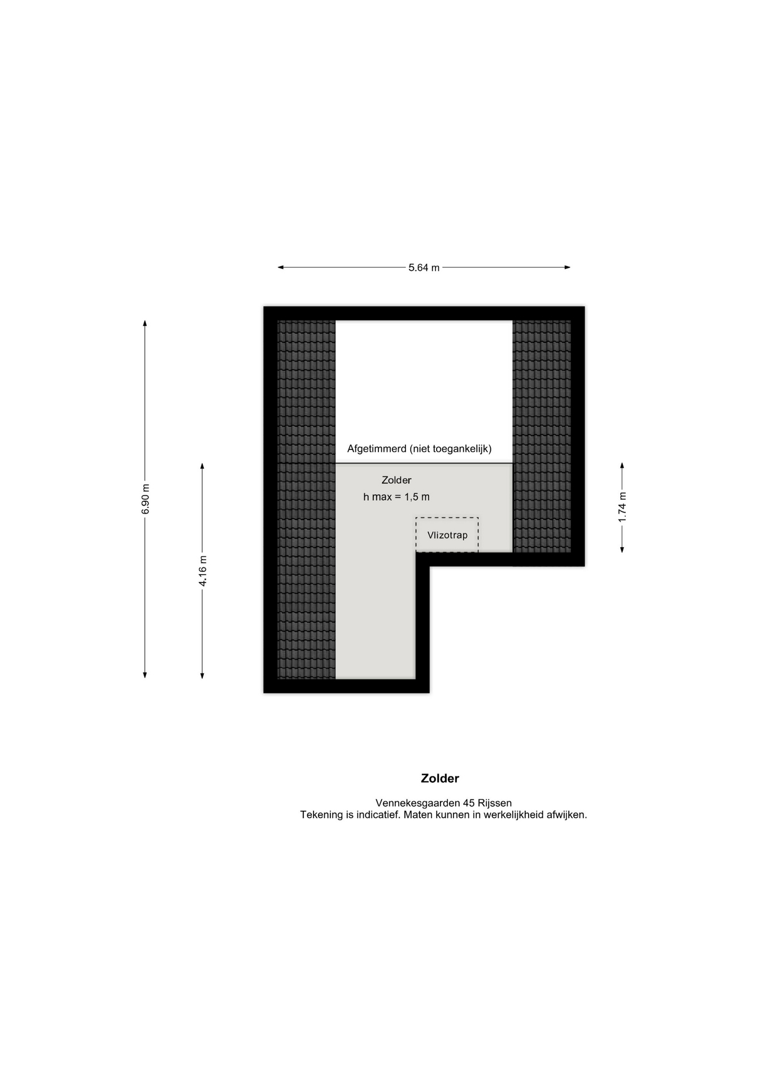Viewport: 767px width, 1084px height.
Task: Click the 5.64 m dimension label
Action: (424, 268)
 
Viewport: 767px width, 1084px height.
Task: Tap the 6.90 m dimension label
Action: (146, 499)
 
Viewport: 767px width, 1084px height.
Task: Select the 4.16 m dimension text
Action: (203, 571)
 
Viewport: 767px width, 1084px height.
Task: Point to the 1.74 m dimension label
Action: (622, 507)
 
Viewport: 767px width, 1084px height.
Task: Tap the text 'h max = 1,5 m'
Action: (396, 497)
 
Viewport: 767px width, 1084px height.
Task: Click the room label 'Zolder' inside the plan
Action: (396, 480)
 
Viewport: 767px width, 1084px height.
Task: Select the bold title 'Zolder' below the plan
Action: (440, 778)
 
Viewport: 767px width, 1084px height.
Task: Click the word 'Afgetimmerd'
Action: (377, 449)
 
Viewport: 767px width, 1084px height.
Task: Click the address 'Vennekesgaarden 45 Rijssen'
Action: (443, 803)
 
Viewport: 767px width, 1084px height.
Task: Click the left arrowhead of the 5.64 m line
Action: (280, 268)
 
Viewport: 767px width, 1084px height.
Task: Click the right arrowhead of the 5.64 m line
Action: (568, 268)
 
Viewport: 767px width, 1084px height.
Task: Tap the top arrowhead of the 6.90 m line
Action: (145, 323)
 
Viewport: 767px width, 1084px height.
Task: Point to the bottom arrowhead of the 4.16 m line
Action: (202, 675)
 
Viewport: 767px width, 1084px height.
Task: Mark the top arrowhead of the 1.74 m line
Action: (622, 466)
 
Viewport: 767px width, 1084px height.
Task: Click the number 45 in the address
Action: (469, 803)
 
